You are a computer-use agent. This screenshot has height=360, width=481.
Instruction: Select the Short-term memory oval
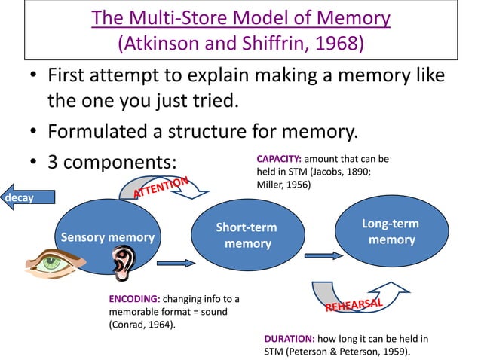click(247, 235)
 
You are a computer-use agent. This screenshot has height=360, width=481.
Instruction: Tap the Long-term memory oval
click(391, 231)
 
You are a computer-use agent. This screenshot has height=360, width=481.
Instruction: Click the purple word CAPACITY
click(278, 160)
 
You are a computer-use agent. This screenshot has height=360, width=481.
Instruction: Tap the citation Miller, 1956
click(283, 184)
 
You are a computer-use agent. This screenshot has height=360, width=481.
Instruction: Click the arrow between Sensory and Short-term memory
click(176, 263)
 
